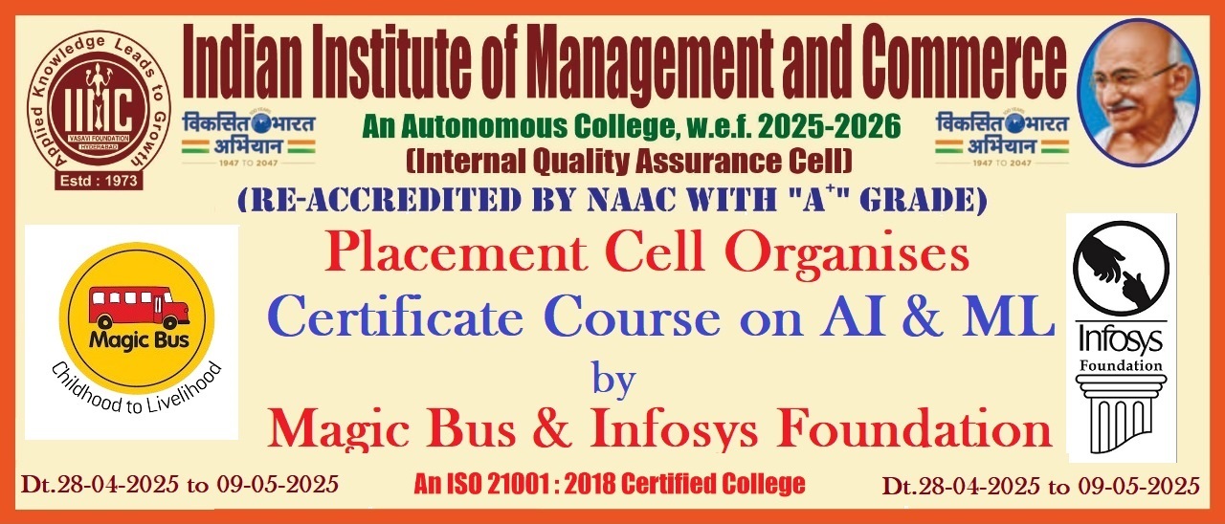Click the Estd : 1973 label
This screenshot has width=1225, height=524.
point(99,181)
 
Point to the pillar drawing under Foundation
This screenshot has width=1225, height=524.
point(1121,414)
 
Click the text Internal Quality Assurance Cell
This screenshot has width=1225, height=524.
point(629,162)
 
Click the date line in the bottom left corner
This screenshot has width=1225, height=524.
point(180,485)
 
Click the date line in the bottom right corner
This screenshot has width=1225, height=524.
point(1041,486)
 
